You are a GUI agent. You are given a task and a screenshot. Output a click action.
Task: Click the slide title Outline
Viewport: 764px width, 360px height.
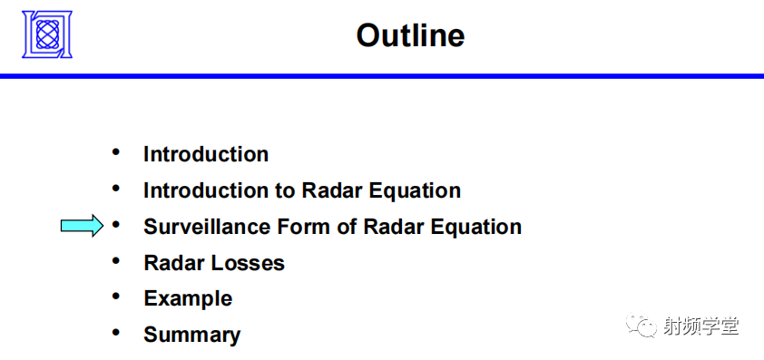(410, 35)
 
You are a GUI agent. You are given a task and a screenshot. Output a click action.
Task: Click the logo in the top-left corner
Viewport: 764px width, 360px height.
(47, 34)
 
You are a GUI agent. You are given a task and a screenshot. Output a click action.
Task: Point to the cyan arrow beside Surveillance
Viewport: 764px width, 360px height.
(82, 226)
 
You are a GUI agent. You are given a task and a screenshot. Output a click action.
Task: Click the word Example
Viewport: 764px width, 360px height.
(188, 298)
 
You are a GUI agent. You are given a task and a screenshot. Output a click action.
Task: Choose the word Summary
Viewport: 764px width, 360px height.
(191, 335)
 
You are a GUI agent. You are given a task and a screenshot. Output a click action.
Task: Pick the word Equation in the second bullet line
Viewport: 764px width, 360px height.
(418, 190)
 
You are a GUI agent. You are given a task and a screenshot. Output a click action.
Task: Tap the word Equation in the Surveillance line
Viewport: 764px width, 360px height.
(479, 227)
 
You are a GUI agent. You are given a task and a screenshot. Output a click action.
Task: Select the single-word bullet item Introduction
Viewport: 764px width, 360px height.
(206, 154)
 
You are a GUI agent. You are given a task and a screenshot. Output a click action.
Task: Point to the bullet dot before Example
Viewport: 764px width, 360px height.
(115, 297)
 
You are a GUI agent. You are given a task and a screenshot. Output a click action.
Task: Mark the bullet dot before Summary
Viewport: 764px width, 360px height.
(115, 333)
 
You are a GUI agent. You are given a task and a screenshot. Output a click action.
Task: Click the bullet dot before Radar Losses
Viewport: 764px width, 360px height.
(115, 261)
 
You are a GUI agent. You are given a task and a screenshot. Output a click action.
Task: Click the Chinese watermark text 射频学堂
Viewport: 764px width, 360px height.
(703, 326)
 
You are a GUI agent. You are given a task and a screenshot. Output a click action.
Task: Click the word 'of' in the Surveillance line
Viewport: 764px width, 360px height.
(347, 227)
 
